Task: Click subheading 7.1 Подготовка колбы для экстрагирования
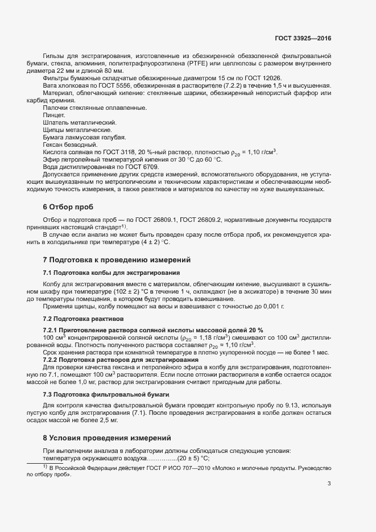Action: (107, 273)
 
